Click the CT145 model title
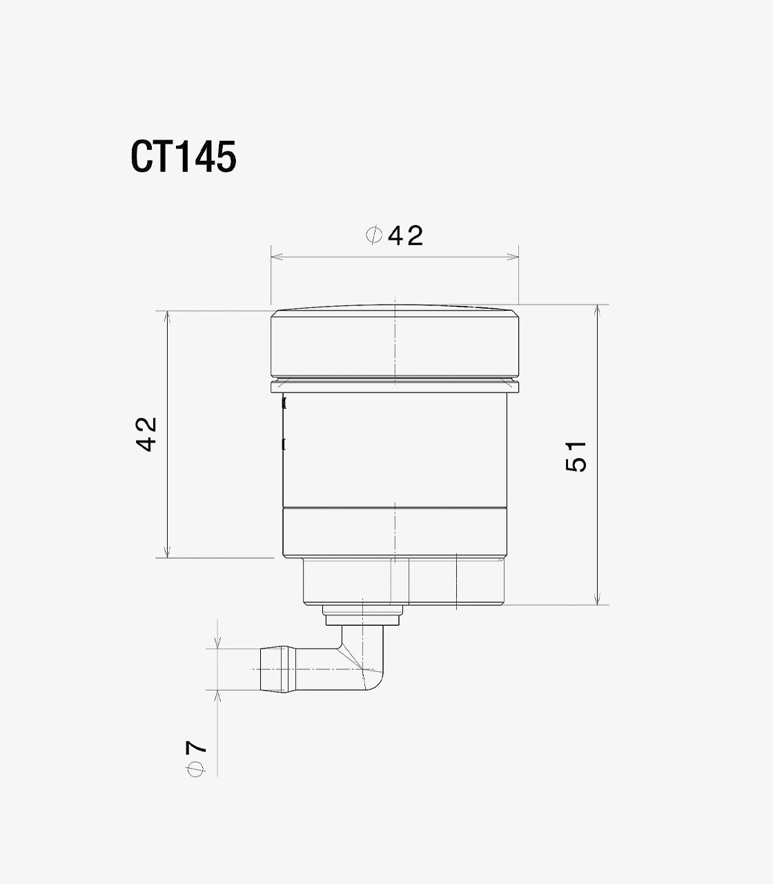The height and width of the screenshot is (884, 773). point(184,157)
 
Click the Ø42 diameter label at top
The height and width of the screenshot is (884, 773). point(395,236)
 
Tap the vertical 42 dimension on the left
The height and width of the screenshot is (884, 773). point(146,434)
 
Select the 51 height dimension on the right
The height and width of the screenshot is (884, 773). point(576,457)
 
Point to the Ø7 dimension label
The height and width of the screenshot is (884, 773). point(196,758)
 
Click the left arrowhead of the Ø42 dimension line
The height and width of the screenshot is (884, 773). point(276,257)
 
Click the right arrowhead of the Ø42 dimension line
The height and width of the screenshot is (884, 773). point(513,257)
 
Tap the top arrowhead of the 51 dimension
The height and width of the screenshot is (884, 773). point(597,310)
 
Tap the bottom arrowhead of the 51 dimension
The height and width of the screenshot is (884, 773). point(597,599)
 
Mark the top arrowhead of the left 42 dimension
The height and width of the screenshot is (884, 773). point(168,316)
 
